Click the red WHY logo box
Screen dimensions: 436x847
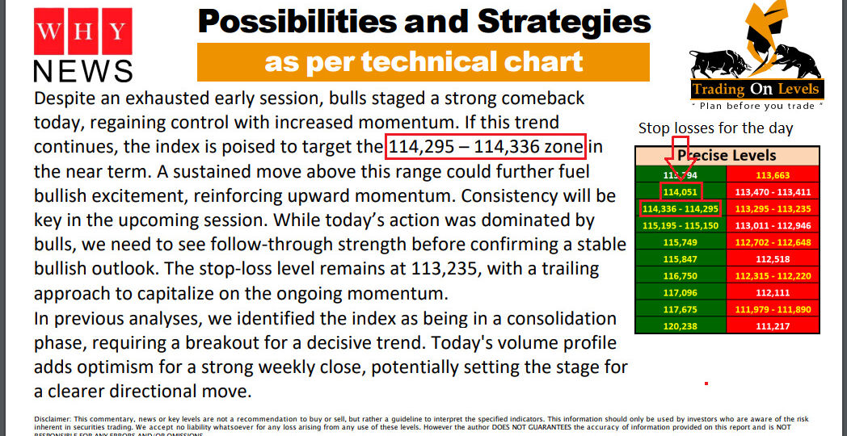[83, 32]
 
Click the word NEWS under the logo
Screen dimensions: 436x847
[83, 70]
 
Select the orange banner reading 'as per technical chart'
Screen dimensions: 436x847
[423, 62]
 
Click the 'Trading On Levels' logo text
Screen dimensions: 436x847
[756, 90]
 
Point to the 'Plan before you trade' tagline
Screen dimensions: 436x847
[756, 106]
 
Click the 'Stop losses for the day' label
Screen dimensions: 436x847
[715, 128]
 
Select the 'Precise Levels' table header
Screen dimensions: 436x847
[727, 155]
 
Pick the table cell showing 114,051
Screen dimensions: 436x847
[681, 191]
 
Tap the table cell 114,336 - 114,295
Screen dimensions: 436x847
[681, 208]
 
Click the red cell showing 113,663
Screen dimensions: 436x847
[773, 175]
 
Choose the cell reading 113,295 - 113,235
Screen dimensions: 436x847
[773, 208]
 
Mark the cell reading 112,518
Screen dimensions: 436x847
[773, 258]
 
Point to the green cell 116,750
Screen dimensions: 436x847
[681, 275]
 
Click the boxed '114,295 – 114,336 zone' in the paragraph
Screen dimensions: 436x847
[485, 148]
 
